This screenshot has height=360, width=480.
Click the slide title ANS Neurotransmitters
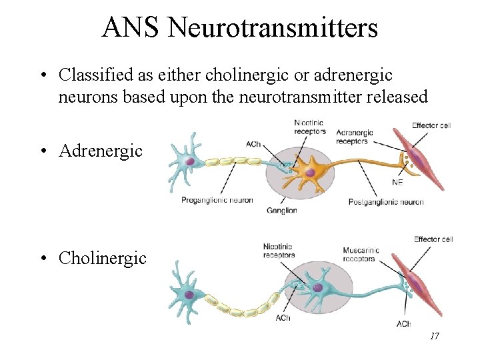(x=240, y=28)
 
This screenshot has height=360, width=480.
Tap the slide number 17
(x=434, y=336)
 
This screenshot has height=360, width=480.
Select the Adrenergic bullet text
(x=101, y=151)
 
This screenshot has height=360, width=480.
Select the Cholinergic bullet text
(x=103, y=258)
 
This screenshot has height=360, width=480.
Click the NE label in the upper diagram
(x=398, y=181)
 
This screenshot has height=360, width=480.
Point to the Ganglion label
(x=281, y=211)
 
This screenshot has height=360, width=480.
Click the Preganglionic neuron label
(x=217, y=200)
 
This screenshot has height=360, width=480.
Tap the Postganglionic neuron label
(x=386, y=202)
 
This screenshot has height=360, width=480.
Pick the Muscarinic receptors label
(x=360, y=255)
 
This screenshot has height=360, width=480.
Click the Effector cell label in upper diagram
(x=432, y=125)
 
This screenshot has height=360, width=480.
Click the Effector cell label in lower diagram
(x=433, y=239)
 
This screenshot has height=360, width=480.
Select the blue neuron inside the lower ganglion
(x=317, y=287)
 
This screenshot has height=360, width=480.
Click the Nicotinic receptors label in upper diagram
(x=310, y=127)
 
